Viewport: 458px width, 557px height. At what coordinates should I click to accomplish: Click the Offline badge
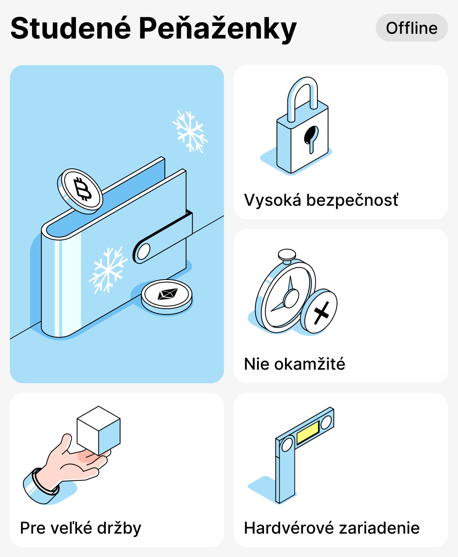point(412,28)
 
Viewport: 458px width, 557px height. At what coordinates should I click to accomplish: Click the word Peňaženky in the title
point(217,29)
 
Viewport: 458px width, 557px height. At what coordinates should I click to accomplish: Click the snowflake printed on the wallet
point(108,270)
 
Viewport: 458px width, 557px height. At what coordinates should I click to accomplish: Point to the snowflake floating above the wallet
point(190,131)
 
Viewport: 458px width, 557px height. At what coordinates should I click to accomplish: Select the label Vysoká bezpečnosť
point(321,200)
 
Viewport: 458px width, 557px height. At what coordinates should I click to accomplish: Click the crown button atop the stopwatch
point(287,255)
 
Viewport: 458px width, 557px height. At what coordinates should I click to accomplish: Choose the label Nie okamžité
point(294,364)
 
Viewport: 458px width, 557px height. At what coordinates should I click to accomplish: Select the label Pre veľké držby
point(81,528)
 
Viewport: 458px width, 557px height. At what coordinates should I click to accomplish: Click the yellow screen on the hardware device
point(308,432)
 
